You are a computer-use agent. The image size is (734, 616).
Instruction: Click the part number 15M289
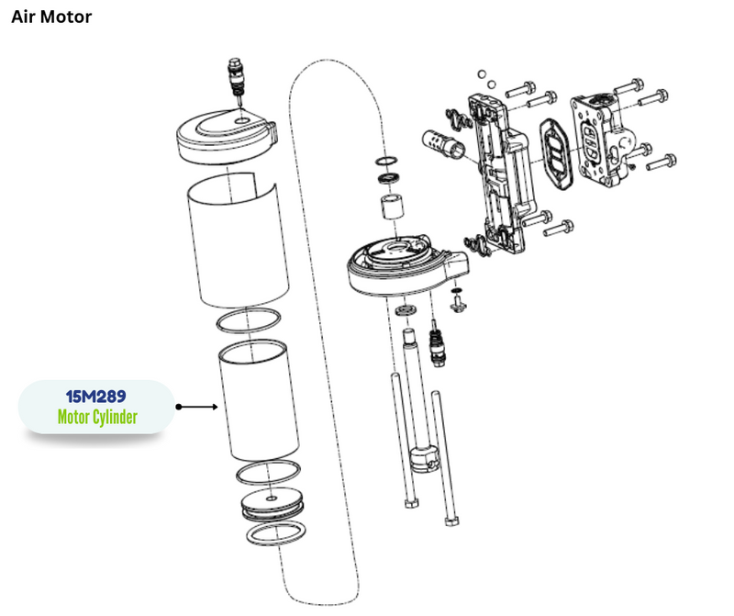click(95, 397)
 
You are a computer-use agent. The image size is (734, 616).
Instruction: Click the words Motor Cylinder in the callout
click(96, 418)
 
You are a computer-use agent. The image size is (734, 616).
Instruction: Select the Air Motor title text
click(51, 17)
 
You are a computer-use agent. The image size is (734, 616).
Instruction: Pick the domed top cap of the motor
click(225, 133)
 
